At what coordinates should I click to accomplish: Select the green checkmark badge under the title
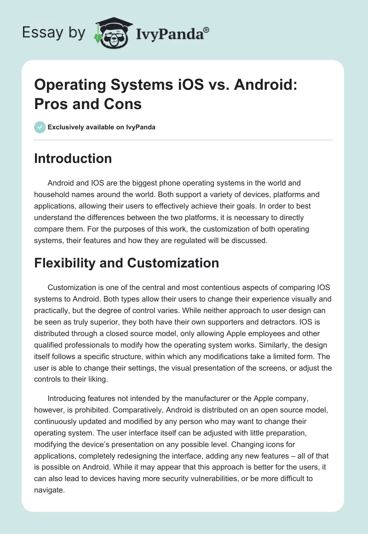click(x=40, y=127)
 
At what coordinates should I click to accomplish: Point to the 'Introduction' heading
click(x=73, y=158)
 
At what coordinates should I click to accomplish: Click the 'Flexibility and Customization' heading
click(x=126, y=263)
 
